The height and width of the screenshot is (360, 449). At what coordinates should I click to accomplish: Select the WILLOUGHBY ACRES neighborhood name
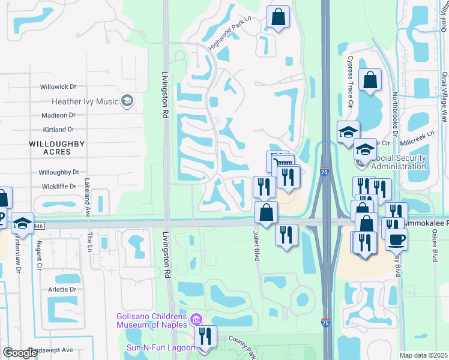click(50, 148)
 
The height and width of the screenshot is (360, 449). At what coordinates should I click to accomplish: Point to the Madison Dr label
click(58, 115)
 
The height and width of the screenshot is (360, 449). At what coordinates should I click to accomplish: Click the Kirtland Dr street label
click(59, 129)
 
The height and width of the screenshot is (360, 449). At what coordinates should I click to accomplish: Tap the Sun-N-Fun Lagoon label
click(159, 348)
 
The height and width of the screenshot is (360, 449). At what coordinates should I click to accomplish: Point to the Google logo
click(20, 353)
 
